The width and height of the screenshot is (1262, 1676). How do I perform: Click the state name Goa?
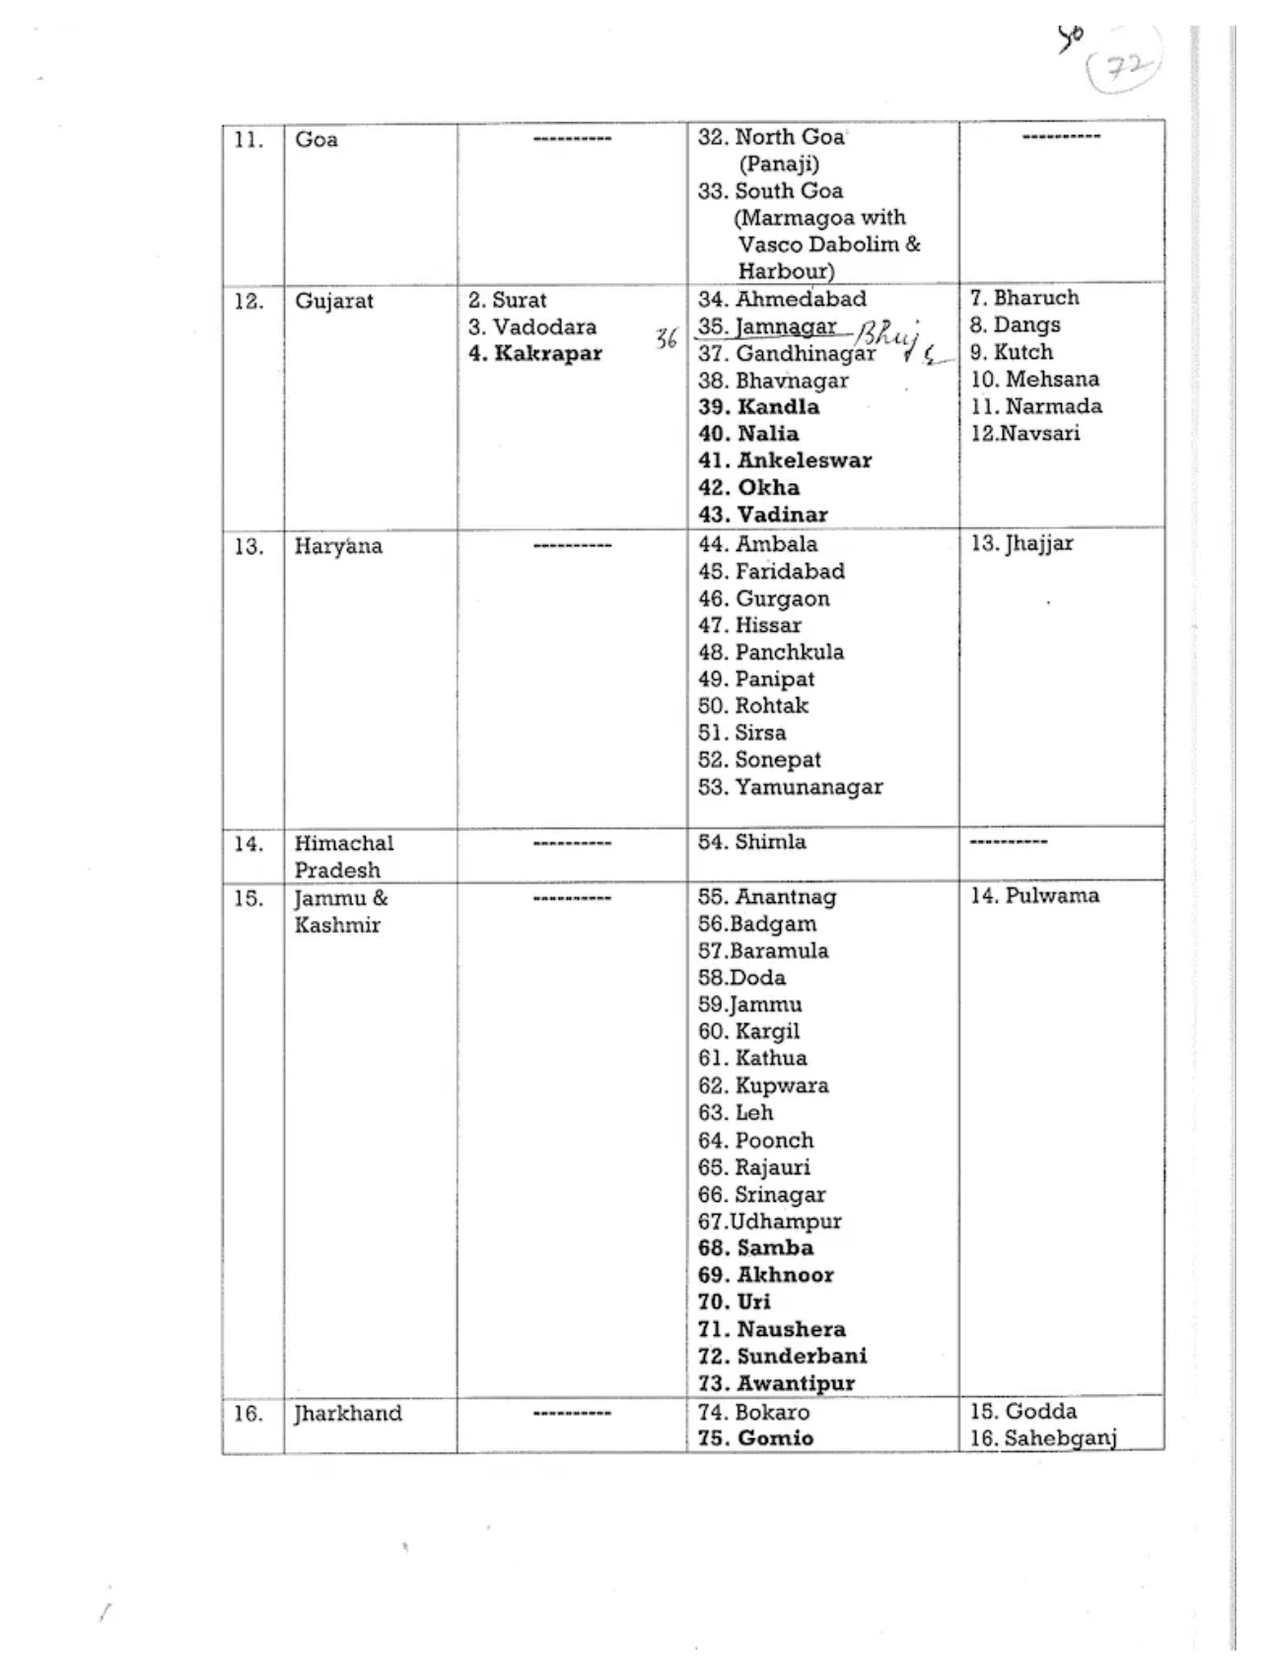316,140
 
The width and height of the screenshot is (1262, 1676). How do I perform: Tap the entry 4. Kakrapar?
534,354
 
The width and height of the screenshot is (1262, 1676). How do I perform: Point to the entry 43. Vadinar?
762,515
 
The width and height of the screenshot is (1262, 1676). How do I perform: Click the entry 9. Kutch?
1011,352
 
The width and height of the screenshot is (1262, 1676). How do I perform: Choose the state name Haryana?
337,546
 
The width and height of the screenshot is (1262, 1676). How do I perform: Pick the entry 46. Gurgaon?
763,598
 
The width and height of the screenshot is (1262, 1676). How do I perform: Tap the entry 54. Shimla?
751,842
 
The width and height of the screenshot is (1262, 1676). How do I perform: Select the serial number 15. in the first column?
248,898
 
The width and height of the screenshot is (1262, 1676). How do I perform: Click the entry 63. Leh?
736,1113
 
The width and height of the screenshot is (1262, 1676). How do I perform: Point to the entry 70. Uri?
734,1302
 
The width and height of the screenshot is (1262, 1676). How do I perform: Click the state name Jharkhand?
348,1414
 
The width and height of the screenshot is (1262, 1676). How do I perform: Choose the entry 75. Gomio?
755,1438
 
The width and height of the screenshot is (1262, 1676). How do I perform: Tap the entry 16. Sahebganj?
1042,1438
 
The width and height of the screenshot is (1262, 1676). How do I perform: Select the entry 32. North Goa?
771,137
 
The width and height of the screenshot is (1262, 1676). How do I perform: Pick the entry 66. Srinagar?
761,1195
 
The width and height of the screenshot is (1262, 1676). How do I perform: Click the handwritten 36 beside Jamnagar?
666,338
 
